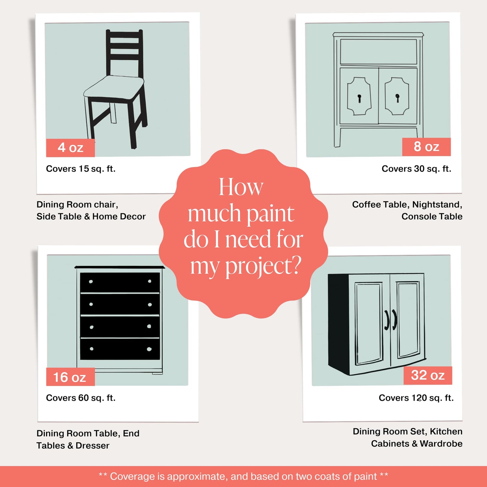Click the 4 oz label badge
pyautogui.click(x=70, y=148)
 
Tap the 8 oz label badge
pyautogui.click(x=426, y=147)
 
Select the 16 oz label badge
pyautogui.click(x=70, y=377)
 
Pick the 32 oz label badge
pyautogui.click(x=428, y=375)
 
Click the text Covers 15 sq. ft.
pyautogui.click(x=81, y=169)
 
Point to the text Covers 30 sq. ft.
pyautogui.click(x=417, y=169)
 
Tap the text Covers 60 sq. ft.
pyautogui.click(x=81, y=398)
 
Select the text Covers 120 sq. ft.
pyautogui.click(x=416, y=398)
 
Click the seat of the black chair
pyautogui.click(x=114, y=87)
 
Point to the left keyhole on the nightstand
pyautogui.click(x=359, y=98)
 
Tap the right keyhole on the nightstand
pyautogui.click(x=397, y=98)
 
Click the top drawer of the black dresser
pyautogui.click(x=120, y=282)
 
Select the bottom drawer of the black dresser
pyautogui.click(x=120, y=349)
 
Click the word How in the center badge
pyautogui.click(x=241, y=187)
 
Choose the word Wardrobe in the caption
pyautogui.click(x=441, y=444)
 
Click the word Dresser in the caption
pyautogui.click(x=93, y=445)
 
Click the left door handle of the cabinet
pyautogui.click(x=387, y=320)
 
